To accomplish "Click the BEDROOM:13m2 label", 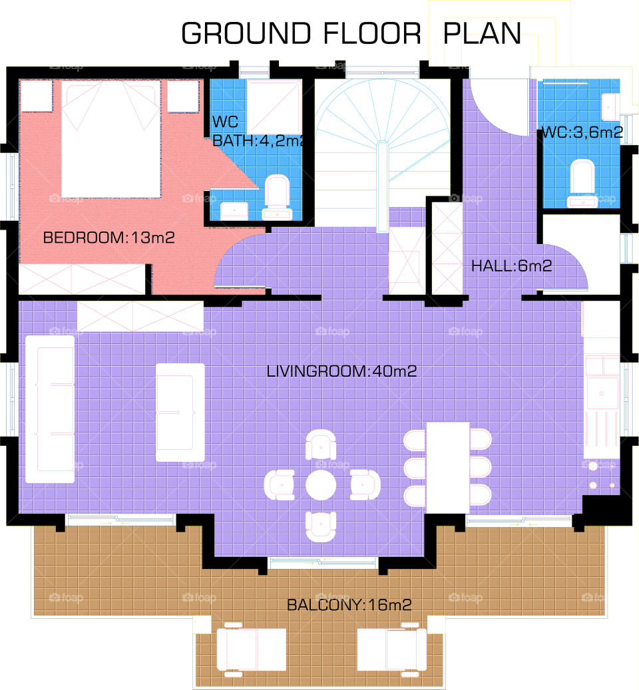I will point(108,238).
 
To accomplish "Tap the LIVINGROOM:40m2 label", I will point(341,371).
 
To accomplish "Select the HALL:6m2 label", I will point(511,266).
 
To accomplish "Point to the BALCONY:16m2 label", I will point(349,605).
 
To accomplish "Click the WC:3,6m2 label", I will point(582,132).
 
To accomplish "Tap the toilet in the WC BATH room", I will point(276,196).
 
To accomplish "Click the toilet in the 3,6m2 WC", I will point(582,180).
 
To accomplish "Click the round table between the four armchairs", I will point(321,484).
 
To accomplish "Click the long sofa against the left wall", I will point(50,408).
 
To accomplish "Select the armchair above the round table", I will point(321,444).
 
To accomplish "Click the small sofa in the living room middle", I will point(180,413).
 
